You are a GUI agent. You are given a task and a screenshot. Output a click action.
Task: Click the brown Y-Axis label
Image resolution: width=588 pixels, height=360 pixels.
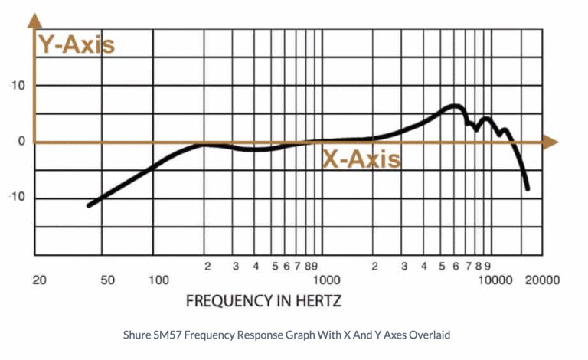77,44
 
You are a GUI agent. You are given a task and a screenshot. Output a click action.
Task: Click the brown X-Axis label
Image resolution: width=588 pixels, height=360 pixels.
361,160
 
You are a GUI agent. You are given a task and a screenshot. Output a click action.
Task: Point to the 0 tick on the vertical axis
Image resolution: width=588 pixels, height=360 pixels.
22,142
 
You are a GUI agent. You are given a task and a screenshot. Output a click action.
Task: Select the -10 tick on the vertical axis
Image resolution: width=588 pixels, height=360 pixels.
17,198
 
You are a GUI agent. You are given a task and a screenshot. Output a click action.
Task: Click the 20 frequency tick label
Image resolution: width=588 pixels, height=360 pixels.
40,280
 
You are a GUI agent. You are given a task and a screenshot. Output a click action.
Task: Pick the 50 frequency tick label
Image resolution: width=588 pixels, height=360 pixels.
108,280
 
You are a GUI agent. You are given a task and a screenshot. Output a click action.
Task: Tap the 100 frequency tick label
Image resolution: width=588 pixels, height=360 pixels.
158,280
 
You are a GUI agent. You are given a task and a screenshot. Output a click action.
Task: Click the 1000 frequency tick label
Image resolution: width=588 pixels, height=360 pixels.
330,280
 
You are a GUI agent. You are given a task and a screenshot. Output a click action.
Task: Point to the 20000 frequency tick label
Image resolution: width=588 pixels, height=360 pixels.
541,280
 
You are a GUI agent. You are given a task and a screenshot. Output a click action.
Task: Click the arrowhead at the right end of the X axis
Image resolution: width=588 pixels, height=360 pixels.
550,142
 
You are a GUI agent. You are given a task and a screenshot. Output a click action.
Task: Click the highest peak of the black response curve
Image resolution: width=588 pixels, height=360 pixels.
455,106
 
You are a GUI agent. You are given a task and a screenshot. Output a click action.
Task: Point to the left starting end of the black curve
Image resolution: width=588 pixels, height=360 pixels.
89,205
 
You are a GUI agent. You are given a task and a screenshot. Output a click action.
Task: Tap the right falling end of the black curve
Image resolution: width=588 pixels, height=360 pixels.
528,188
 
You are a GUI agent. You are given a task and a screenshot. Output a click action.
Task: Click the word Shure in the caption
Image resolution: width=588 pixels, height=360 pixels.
136,335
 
